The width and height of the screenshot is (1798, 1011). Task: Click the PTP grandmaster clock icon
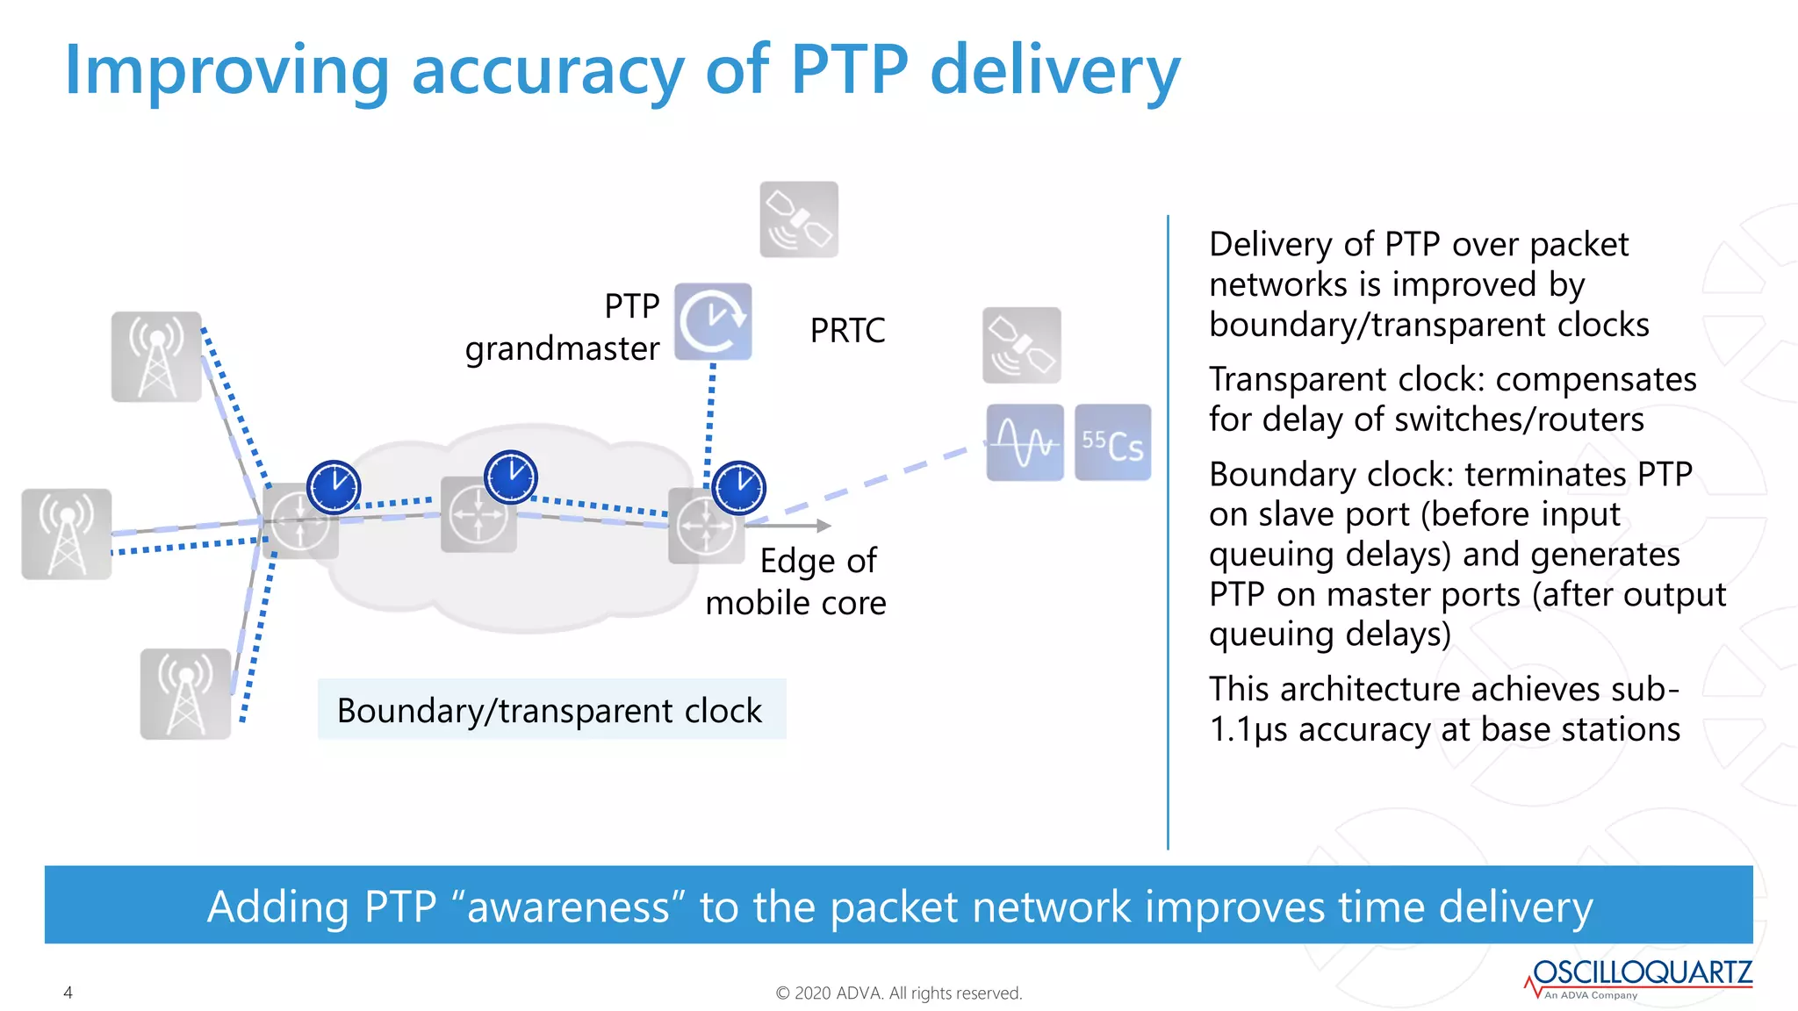(x=713, y=321)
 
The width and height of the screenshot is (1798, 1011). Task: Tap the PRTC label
(x=847, y=331)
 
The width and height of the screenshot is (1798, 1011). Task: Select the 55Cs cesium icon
(x=1112, y=442)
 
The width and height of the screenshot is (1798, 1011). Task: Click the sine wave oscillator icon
(x=1025, y=442)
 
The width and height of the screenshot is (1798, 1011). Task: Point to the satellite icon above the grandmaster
(x=799, y=219)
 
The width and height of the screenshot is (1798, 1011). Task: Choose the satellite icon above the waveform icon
(x=1021, y=345)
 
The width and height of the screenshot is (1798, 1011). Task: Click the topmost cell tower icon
(x=156, y=357)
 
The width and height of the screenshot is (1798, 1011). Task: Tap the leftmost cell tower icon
(x=67, y=534)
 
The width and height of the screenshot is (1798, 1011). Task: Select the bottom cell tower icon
(x=185, y=693)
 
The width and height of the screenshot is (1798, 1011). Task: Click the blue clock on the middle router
(x=510, y=477)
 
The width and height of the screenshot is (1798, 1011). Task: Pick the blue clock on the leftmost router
(x=334, y=486)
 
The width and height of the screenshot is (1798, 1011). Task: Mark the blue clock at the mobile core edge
(x=738, y=487)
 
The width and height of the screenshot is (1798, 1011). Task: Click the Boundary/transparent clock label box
(x=550, y=710)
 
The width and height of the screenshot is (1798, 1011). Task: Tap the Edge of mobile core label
(x=795, y=582)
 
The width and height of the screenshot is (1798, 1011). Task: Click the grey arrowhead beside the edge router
(x=823, y=526)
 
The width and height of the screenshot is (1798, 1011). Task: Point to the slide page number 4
(x=68, y=993)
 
